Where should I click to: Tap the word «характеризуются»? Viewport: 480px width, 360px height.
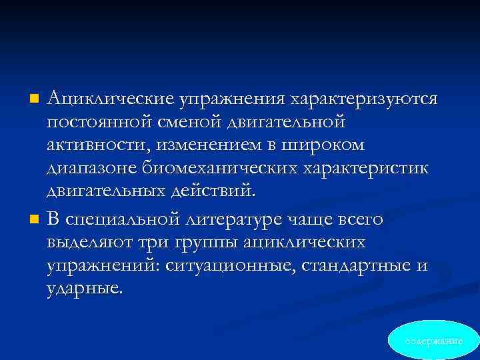click(x=363, y=99)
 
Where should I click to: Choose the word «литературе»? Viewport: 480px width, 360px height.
click(x=244, y=219)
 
